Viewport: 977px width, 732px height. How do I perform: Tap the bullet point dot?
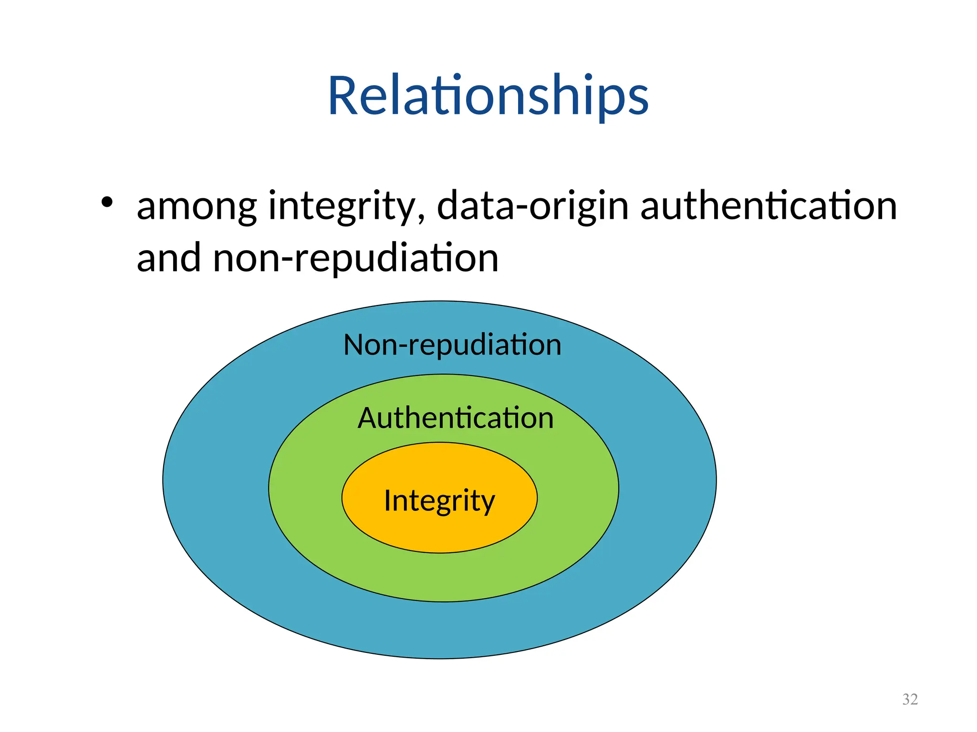point(107,203)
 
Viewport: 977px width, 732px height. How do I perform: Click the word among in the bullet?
point(197,207)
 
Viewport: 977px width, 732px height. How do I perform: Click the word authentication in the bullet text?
point(768,206)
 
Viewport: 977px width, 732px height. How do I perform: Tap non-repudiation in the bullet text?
point(356,259)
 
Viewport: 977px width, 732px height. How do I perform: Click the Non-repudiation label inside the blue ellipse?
point(452,345)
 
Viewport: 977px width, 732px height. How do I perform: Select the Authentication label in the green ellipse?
point(456,418)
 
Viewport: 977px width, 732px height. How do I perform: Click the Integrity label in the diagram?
point(439,501)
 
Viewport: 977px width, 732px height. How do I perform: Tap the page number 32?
point(910,699)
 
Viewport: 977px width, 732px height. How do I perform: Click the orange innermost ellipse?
point(439,534)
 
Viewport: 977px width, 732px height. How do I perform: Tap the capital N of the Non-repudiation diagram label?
point(355,345)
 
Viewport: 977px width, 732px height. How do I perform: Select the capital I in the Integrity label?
point(388,500)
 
